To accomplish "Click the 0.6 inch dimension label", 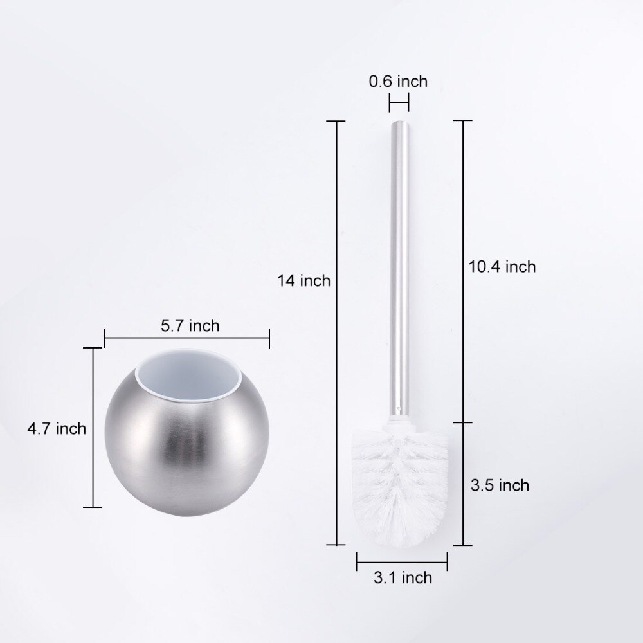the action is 398,81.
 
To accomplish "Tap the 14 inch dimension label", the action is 304,281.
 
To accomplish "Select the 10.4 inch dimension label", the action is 502,267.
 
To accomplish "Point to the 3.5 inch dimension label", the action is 500,485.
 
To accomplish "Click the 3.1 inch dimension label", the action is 403,578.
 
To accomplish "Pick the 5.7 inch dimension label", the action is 190,326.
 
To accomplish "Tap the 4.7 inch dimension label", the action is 57,429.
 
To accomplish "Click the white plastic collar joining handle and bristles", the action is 399,422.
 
